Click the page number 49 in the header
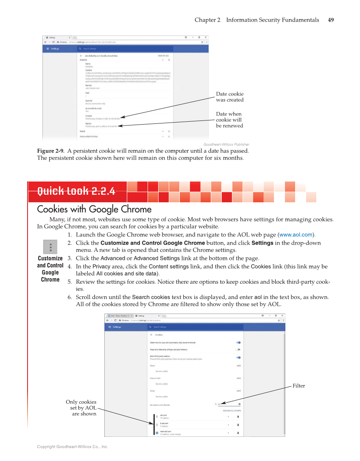331,20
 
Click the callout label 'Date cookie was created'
229,97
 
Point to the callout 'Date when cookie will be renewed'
229,120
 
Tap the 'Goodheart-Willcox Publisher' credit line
226,145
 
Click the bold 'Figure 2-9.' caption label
51,151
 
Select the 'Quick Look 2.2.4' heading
76,191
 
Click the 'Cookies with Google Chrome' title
94,210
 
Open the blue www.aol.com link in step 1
296,235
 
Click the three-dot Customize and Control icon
50,247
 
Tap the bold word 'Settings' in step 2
262,243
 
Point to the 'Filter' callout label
299,386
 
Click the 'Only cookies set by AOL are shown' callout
81,408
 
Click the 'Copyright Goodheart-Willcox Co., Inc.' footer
73,447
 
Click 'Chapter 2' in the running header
207,20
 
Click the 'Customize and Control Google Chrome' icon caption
50,269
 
